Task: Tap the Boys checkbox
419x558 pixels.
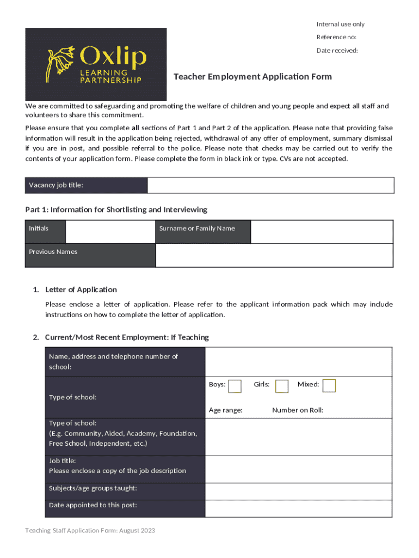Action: pos(235,386)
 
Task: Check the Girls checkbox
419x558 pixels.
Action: pos(281,386)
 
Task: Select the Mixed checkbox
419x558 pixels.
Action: pos(329,385)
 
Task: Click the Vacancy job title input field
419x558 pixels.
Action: pos(270,185)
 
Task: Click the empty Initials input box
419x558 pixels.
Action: pos(110,232)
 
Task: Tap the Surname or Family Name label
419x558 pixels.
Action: pos(197,228)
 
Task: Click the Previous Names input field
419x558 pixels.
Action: pos(274,255)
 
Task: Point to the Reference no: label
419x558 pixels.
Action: pos(336,37)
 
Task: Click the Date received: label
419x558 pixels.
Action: pos(337,51)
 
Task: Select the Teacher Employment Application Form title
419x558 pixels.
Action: pos(252,77)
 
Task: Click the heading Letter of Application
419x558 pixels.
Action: pos(81,289)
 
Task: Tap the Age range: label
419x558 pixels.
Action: pos(226,410)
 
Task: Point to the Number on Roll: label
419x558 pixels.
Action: pos(298,410)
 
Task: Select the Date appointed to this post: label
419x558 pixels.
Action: pos(93,505)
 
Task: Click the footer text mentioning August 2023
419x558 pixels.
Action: pos(90,531)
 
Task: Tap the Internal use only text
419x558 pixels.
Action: pos(341,24)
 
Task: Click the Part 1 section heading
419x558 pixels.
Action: pos(116,210)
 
